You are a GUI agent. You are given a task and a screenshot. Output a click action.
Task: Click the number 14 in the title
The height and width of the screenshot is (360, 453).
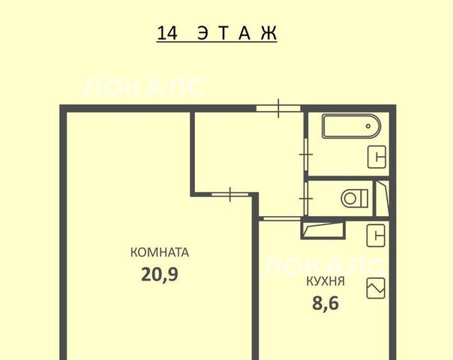[x=166, y=33]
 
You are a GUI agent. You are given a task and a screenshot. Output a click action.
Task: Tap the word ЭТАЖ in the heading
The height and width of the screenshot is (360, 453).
[x=237, y=33]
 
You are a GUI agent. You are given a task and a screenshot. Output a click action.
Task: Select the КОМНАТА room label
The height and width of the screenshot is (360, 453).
[x=160, y=252]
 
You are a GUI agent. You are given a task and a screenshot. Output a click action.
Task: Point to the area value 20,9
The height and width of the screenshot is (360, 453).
[x=160, y=274]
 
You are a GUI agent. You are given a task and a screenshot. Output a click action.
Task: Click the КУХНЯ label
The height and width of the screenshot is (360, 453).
[x=325, y=281]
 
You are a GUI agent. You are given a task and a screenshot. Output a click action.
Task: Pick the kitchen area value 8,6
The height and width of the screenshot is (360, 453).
[x=325, y=303]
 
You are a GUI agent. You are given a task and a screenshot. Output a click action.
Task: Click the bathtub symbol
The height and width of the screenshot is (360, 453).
[x=351, y=126]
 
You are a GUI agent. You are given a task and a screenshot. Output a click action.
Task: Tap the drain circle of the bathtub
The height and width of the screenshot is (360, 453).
[x=368, y=126]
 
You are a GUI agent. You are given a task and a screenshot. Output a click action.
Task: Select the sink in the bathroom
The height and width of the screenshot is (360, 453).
[x=376, y=157]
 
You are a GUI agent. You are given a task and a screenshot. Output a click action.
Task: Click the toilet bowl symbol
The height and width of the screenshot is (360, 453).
[x=355, y=199]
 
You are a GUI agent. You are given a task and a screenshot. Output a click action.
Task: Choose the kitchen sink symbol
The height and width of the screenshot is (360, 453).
[x=376, y=235]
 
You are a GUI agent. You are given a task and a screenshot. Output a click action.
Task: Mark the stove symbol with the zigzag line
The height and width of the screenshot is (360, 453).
[x=376, y=288]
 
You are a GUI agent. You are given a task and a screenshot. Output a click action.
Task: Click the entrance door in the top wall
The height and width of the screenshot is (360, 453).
[x=278, y=108]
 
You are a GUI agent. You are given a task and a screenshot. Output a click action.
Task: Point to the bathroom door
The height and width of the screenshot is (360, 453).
[x=306, y=154]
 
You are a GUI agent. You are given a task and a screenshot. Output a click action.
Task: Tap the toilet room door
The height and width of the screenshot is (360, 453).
[x=306, y=199]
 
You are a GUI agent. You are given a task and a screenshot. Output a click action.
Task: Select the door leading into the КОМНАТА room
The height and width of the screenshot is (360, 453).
[x=230, y=194]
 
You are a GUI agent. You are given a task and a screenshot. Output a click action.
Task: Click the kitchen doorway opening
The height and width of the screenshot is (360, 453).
[x=283, y=219]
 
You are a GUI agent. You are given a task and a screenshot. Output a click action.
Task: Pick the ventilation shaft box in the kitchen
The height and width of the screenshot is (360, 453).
[x=323, y=229]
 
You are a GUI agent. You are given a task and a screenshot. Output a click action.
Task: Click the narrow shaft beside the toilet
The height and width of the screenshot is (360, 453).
[x=382, y=198]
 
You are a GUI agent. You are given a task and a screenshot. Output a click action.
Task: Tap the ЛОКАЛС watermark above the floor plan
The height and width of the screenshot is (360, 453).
[x=143, y=87]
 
